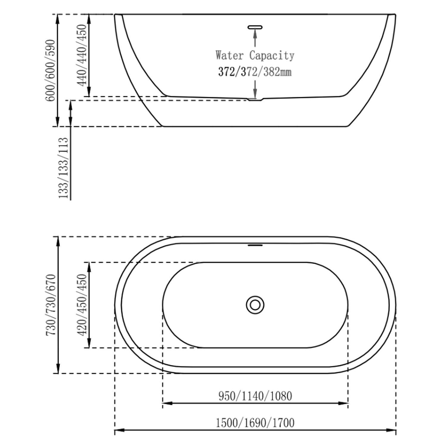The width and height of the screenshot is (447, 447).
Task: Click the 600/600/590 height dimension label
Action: pos(50,70)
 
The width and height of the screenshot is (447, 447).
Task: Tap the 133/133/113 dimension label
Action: pos(63,168)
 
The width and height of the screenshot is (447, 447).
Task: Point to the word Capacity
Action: pos(272,56)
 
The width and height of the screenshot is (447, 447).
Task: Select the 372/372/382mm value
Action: pos(255,72)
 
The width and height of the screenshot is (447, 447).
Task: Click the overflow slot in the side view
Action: pos(255,27)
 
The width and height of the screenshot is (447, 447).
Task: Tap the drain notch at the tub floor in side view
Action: pos(255,99)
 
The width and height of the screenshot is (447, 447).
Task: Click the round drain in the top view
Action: pos(255,305)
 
